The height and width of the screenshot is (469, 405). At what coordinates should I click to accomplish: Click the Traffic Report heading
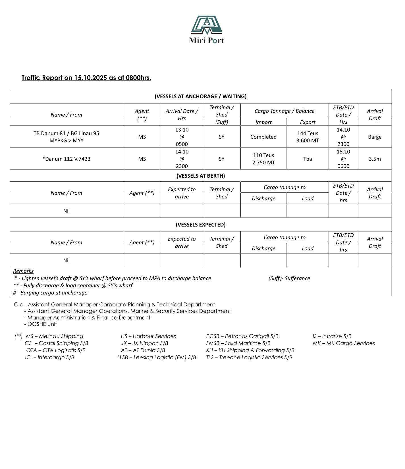pos(86,78)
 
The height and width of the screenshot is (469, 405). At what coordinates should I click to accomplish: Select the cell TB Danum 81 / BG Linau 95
pos(66,137)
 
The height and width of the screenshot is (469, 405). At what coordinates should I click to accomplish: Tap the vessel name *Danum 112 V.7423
pos(66,159)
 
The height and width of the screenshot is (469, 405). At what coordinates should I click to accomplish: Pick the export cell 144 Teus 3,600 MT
pos(308,137)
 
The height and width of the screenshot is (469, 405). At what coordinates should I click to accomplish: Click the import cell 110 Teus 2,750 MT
pos(263,159)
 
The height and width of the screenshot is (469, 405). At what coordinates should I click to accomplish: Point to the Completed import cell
pos(263,137)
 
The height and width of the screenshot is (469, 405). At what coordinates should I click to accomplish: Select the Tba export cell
pos(308,159)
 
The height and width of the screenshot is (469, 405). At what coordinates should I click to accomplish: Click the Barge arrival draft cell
pos(375,137)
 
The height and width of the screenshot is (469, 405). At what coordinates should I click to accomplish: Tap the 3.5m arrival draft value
pos(375,159)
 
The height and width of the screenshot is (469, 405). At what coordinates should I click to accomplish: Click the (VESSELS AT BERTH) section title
pos(201,176)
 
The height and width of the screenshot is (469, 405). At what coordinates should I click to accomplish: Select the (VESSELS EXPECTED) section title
pos(201,225)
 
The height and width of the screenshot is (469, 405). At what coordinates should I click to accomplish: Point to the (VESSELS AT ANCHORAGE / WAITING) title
pos(201,96)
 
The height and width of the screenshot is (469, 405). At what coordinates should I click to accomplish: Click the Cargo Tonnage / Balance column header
pos(284,111)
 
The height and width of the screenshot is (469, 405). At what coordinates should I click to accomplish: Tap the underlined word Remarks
pos(23,271)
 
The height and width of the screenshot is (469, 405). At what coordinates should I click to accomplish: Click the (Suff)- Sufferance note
pos(289,278)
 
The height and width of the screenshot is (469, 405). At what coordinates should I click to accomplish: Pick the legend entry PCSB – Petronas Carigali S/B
pos(243,336)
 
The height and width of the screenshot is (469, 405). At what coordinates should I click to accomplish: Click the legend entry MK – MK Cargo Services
pos(344,343)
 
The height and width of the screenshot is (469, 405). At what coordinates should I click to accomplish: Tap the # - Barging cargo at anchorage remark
pos(50,292)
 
